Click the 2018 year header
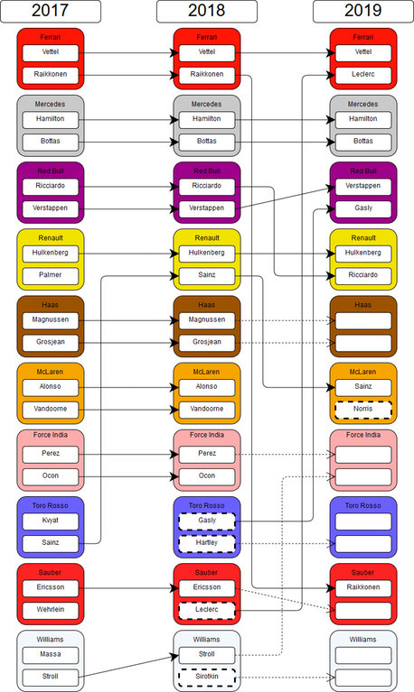click(207, 11)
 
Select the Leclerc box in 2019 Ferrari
click(363, 75)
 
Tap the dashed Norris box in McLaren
click(363, 410)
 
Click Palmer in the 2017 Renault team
click(51, 276)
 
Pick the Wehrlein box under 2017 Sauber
click(51, 611)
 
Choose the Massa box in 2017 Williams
click(51, 655)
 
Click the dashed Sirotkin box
click(207, 677)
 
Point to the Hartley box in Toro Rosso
click(207, 543)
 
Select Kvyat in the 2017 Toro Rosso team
click(51, 521)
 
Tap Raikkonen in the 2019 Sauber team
click(363, 588)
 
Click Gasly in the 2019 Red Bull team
click(363, 208)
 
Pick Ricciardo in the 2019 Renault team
click(363, 276)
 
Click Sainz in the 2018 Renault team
click(207, 276)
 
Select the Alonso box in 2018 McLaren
click(207, 387)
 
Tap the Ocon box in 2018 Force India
click(207, 476)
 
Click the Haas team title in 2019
click(362, 305)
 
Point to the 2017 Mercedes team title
click(50, 104)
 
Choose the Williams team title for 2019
click(362, 640)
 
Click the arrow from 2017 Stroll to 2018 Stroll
click(128, 667)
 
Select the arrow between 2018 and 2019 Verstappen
click(286, 198)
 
